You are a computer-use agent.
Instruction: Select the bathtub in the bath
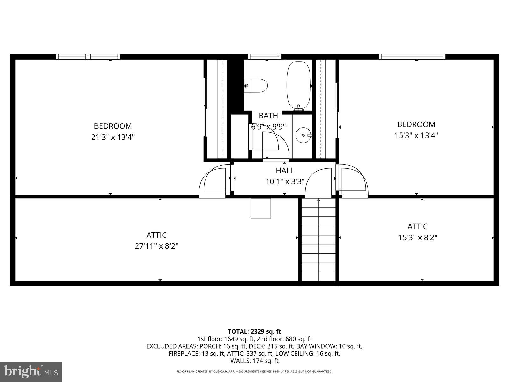[298, 85]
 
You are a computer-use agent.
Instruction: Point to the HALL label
[285, 171]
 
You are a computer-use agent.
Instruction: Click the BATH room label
[268, 116]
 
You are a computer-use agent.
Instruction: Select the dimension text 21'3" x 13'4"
[113, 137]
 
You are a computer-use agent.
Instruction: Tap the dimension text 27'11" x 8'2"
[156, 246]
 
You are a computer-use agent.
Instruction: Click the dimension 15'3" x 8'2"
[418, 237]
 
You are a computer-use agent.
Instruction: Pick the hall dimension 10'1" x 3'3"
[285, 181]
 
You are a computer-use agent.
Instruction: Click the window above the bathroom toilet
[264, 57]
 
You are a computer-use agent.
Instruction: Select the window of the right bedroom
[412, 57]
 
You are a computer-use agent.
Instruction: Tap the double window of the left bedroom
[88, 57]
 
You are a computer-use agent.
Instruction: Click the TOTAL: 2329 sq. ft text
[254, 332]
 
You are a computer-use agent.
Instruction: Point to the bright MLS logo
[31, 371]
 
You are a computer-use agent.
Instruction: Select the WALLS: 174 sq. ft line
[254, 361]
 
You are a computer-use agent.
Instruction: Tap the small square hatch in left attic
[261, 208]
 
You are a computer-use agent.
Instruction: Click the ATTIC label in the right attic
[418, 227]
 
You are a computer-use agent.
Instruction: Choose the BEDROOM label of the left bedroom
[113, 126]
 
